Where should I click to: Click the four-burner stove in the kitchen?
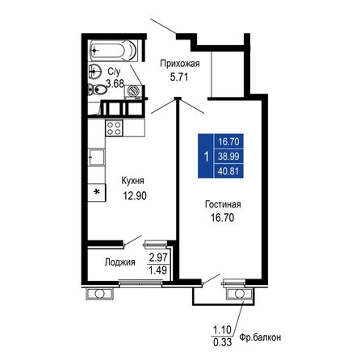pos(114,127)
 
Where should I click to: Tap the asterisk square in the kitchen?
pos(97,192)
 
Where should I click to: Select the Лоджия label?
pos(119,262)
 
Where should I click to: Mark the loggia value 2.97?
pos(157,256)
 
